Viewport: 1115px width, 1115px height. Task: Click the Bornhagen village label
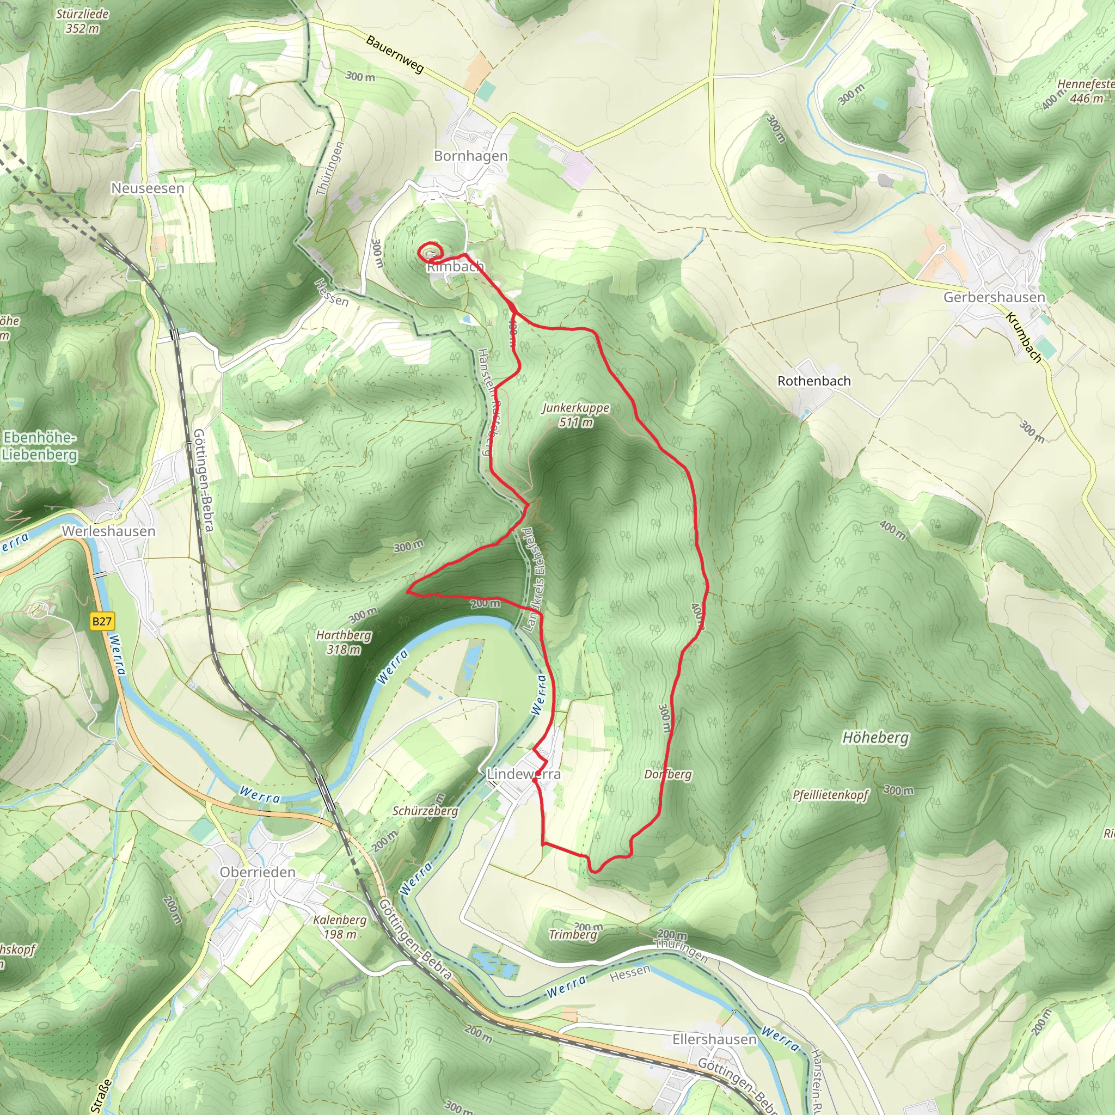(x=470, y=156)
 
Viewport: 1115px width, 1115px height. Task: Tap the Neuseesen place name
(x=148, y=188)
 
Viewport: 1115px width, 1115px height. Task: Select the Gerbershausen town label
(x=994, y=297)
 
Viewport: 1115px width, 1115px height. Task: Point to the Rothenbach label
(x=814, y=381)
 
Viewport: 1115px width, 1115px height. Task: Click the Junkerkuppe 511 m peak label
(x=575, y=415)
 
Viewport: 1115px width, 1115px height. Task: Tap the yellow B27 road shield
(x=102, y=621)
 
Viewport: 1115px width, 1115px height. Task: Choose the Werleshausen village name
(x=108, y=531)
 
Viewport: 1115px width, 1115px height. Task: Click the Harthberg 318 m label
(x=344, y=642)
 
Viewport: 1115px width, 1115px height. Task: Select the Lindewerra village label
(x=523, y=774)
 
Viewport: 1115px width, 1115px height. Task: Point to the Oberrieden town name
(x=258, y=872)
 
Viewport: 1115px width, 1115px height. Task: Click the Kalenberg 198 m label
(x=339, y=927)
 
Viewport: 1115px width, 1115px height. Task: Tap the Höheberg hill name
(x=875, y=738)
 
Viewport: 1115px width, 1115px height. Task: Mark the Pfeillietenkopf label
(x=830, y=795)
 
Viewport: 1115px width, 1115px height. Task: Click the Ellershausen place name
(x=714, y=1039)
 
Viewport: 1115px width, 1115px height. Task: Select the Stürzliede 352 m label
(x=82, y=21)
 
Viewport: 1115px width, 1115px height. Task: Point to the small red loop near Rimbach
(x=430, y=253)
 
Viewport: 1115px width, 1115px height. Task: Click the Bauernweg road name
(x=395, y=55)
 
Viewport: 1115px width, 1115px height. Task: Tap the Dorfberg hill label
(x=667, y=774)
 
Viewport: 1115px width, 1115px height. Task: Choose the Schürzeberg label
(x=425, y=811)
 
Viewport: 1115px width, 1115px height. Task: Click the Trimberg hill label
(x=573, y=934)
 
